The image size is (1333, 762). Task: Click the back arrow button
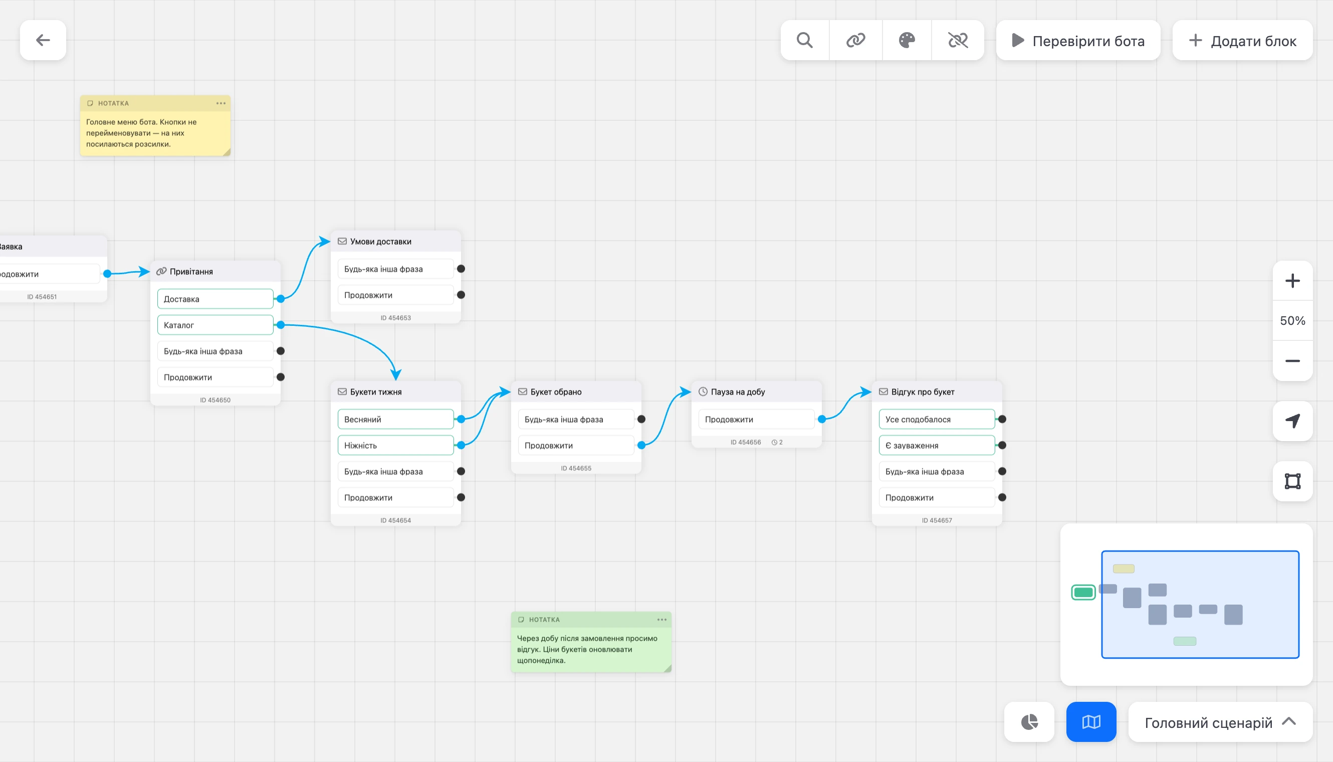(43, 40)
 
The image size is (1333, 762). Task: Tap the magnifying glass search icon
(805, 40)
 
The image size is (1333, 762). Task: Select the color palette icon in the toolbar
(907, 40)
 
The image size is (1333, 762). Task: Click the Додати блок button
(1242, 40)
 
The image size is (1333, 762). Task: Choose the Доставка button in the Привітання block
(215, 299)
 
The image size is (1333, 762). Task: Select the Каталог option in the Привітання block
(215, 325)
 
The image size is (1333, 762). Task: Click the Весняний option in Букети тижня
(395, 419)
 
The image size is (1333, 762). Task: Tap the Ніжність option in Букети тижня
(395, 445)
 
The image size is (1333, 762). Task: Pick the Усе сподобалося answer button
(937, 419)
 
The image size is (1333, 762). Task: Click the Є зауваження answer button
(937, 445)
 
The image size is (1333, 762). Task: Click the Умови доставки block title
(381, 242)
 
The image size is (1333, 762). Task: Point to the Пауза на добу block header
(757, 392)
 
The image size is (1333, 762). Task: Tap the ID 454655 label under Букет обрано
(576, 468)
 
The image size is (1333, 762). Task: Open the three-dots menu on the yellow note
(221, 103)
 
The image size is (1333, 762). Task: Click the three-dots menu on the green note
(662, 620)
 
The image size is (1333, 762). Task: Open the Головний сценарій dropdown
(1220, 722)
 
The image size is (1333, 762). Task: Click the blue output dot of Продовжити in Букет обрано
(641, 445)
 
